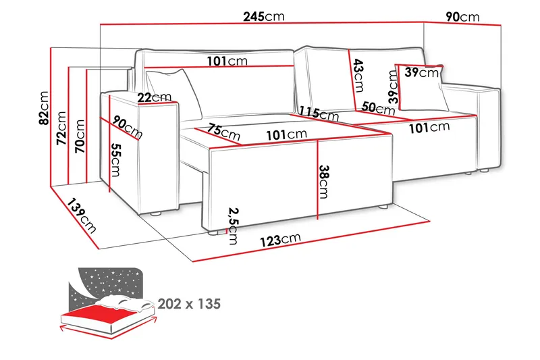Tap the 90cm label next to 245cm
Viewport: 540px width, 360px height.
click(x=462, y=16)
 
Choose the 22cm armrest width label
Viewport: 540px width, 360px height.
click(x=153, y=97)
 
